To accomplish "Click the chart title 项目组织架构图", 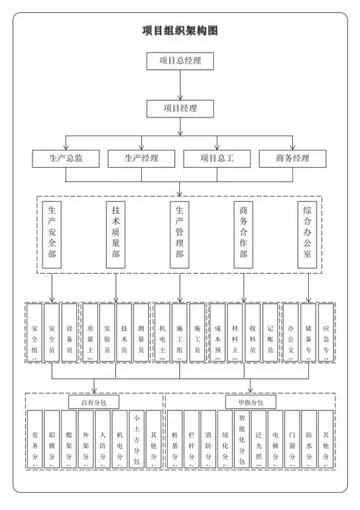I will pos(180,31).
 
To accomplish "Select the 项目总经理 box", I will pos(180,61).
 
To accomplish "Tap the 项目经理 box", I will pos(180,109).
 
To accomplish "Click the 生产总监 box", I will pos(66,158).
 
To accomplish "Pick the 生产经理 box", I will pos(141,158).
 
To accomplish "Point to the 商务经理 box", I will pos(292,158).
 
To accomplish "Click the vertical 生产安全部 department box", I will pos(52,233).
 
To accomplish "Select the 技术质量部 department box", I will pos(116,233).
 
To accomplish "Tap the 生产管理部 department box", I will pos(180,233).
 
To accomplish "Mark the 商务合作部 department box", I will pos(244,233).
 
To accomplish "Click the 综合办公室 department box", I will pos(307,233).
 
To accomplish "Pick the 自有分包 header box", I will pos(94,402).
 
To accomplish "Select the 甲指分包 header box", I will pos(250,402).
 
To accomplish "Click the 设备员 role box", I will pos(69,331).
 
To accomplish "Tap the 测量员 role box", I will pos(141,331).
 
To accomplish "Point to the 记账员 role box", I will pos(269,331).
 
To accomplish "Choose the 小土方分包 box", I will pos(137,439).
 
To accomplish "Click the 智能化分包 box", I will pos(242,439).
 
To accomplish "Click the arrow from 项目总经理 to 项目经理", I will pos(180,85).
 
